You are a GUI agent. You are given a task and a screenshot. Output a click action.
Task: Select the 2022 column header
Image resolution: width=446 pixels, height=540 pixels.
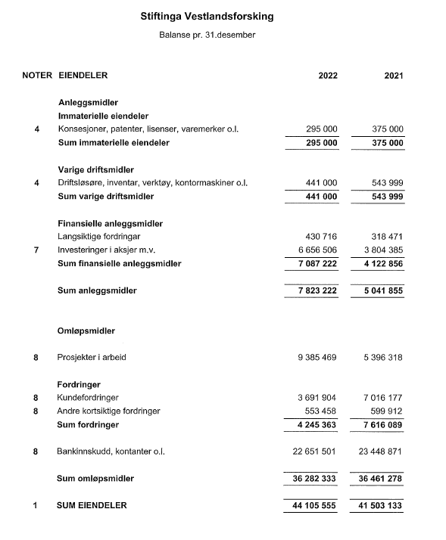pyautogui.click(x=328, y=76)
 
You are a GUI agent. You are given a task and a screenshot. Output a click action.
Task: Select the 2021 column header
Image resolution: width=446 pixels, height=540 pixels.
pyautogui.click(x=393, y=76)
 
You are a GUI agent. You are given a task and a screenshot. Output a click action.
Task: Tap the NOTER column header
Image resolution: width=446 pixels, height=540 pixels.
pyautogui.click(x=37, y=75)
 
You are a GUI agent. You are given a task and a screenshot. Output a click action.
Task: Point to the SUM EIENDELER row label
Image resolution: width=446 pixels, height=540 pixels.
pyautogui.click(x=92, y=505)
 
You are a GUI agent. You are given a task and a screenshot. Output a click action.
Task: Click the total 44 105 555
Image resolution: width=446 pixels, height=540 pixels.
pyautogui.click(x=311, y=505)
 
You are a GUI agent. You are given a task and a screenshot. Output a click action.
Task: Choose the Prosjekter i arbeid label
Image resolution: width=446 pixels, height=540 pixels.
pyautogui.click(x=94, y=356)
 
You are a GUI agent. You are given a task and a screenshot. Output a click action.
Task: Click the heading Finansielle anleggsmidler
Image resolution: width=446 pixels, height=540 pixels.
pyautogui.click(x=110, y=224)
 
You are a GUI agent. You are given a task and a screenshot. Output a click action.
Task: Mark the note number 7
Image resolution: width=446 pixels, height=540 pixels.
pyautogui.click(x=36, y=250)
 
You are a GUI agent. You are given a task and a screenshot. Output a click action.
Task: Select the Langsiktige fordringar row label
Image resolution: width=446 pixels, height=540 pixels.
pyautogui.click(x=98, y=237)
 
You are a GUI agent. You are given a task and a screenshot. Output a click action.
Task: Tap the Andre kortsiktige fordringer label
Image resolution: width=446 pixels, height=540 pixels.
pyautogui.click(x=109, y=411)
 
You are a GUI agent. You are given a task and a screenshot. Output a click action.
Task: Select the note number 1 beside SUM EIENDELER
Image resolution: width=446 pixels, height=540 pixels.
pyautogui.click(x=36, y=505)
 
